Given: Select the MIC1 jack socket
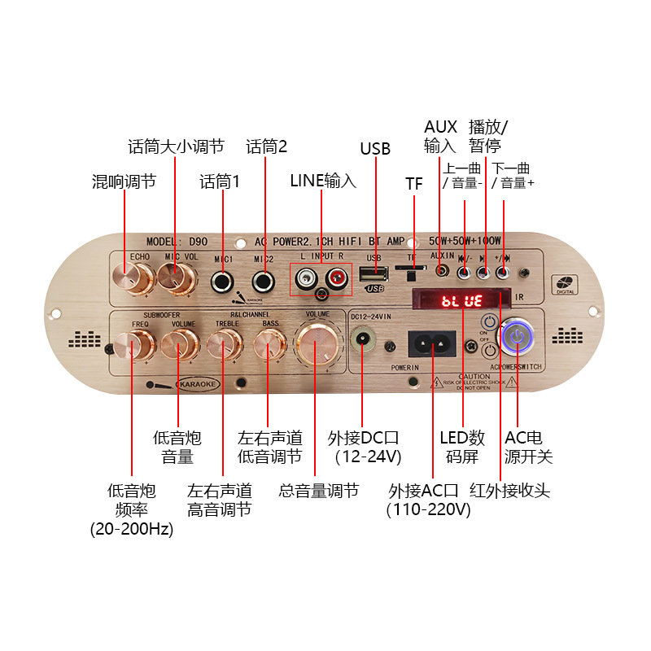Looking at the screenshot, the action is pos(221,282).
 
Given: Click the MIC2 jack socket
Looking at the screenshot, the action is pos(263,282).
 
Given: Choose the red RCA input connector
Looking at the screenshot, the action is pos(335,281).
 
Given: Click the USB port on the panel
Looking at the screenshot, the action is pos(374,273).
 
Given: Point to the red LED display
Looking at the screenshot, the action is pos(462,301).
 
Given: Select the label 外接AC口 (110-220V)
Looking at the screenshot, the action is pos(429,500).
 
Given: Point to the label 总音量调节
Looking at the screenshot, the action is pos(318,491).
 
